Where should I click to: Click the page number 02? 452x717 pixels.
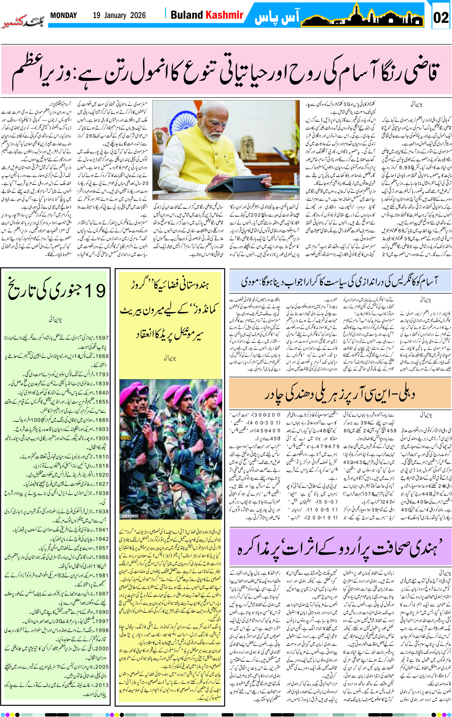tap(441, 18)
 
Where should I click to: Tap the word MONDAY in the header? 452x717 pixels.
tap(64, 15)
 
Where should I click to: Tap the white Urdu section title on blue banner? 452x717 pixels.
tap(276, 17)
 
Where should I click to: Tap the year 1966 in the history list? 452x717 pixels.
tap(102, 557)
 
